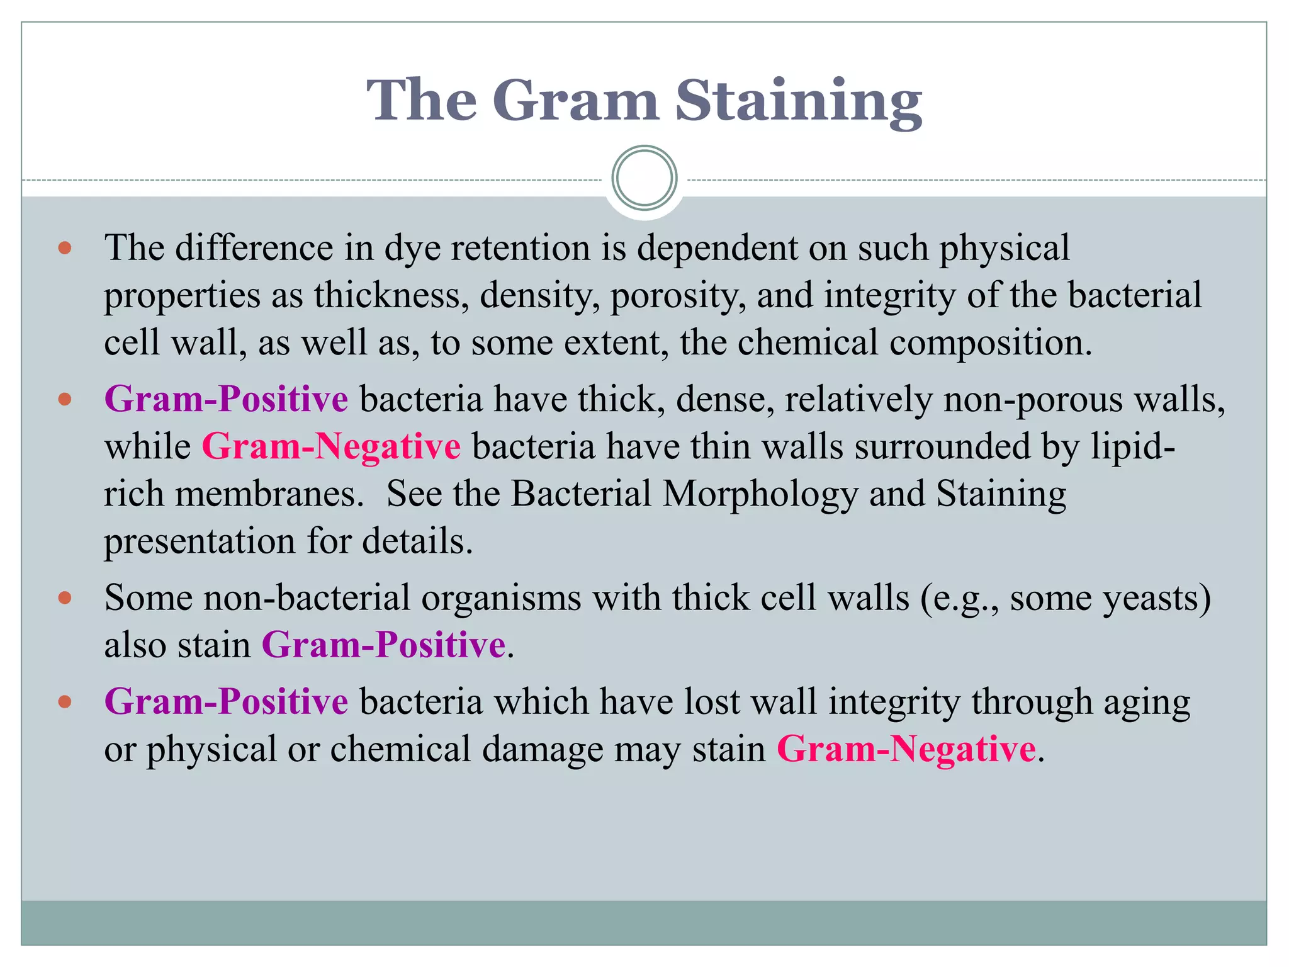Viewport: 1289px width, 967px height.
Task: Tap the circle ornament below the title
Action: [x=644, y=178]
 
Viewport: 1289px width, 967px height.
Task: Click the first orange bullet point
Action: [x=65, y=248]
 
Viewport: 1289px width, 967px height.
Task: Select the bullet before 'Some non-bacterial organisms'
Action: [x=65, y=597]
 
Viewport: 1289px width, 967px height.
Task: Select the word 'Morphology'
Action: [x=760, y=494]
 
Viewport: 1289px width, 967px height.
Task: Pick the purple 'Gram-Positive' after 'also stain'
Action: [x=383, y=645]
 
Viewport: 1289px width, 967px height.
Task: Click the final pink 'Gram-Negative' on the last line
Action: [x=906, y=749]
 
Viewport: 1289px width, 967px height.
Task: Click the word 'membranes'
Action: [x=264, y=494]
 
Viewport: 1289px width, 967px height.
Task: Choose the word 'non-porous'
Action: [x=1032, y=399]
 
